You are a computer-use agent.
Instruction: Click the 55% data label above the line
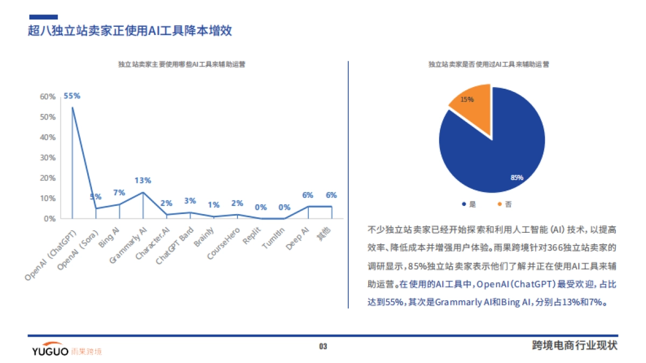(x=72, y=96)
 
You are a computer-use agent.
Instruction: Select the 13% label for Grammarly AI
(x=143, y=180)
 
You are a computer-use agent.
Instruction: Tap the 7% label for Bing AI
(x=119, y=193)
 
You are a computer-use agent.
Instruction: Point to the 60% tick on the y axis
(x=48, y=97)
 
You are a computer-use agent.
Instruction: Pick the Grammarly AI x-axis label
(x=128, y=245)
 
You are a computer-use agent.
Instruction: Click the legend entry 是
(x=469, y=204)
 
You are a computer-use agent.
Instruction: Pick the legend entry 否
(x=504, y=204)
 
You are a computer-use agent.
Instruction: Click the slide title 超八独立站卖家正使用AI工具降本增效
(x=130, y=31)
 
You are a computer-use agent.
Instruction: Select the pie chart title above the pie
(x=488, y=64)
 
